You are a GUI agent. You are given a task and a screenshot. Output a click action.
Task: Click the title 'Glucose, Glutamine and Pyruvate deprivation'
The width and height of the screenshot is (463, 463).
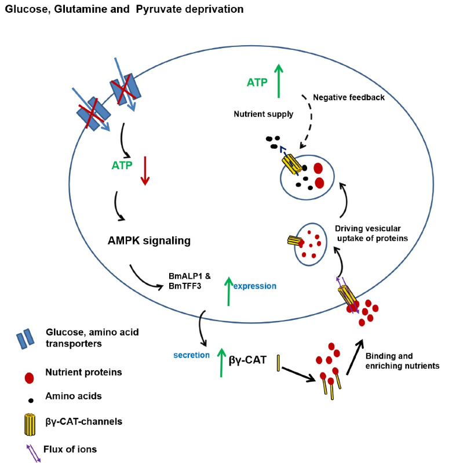click(124, 9)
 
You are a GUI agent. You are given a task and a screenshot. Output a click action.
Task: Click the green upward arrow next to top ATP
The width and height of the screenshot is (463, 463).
click(279, 80)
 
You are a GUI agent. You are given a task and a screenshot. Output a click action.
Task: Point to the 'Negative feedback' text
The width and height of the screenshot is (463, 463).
click(348, 97)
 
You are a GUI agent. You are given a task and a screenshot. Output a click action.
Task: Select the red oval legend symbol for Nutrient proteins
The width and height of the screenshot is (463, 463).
click(28, 378)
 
